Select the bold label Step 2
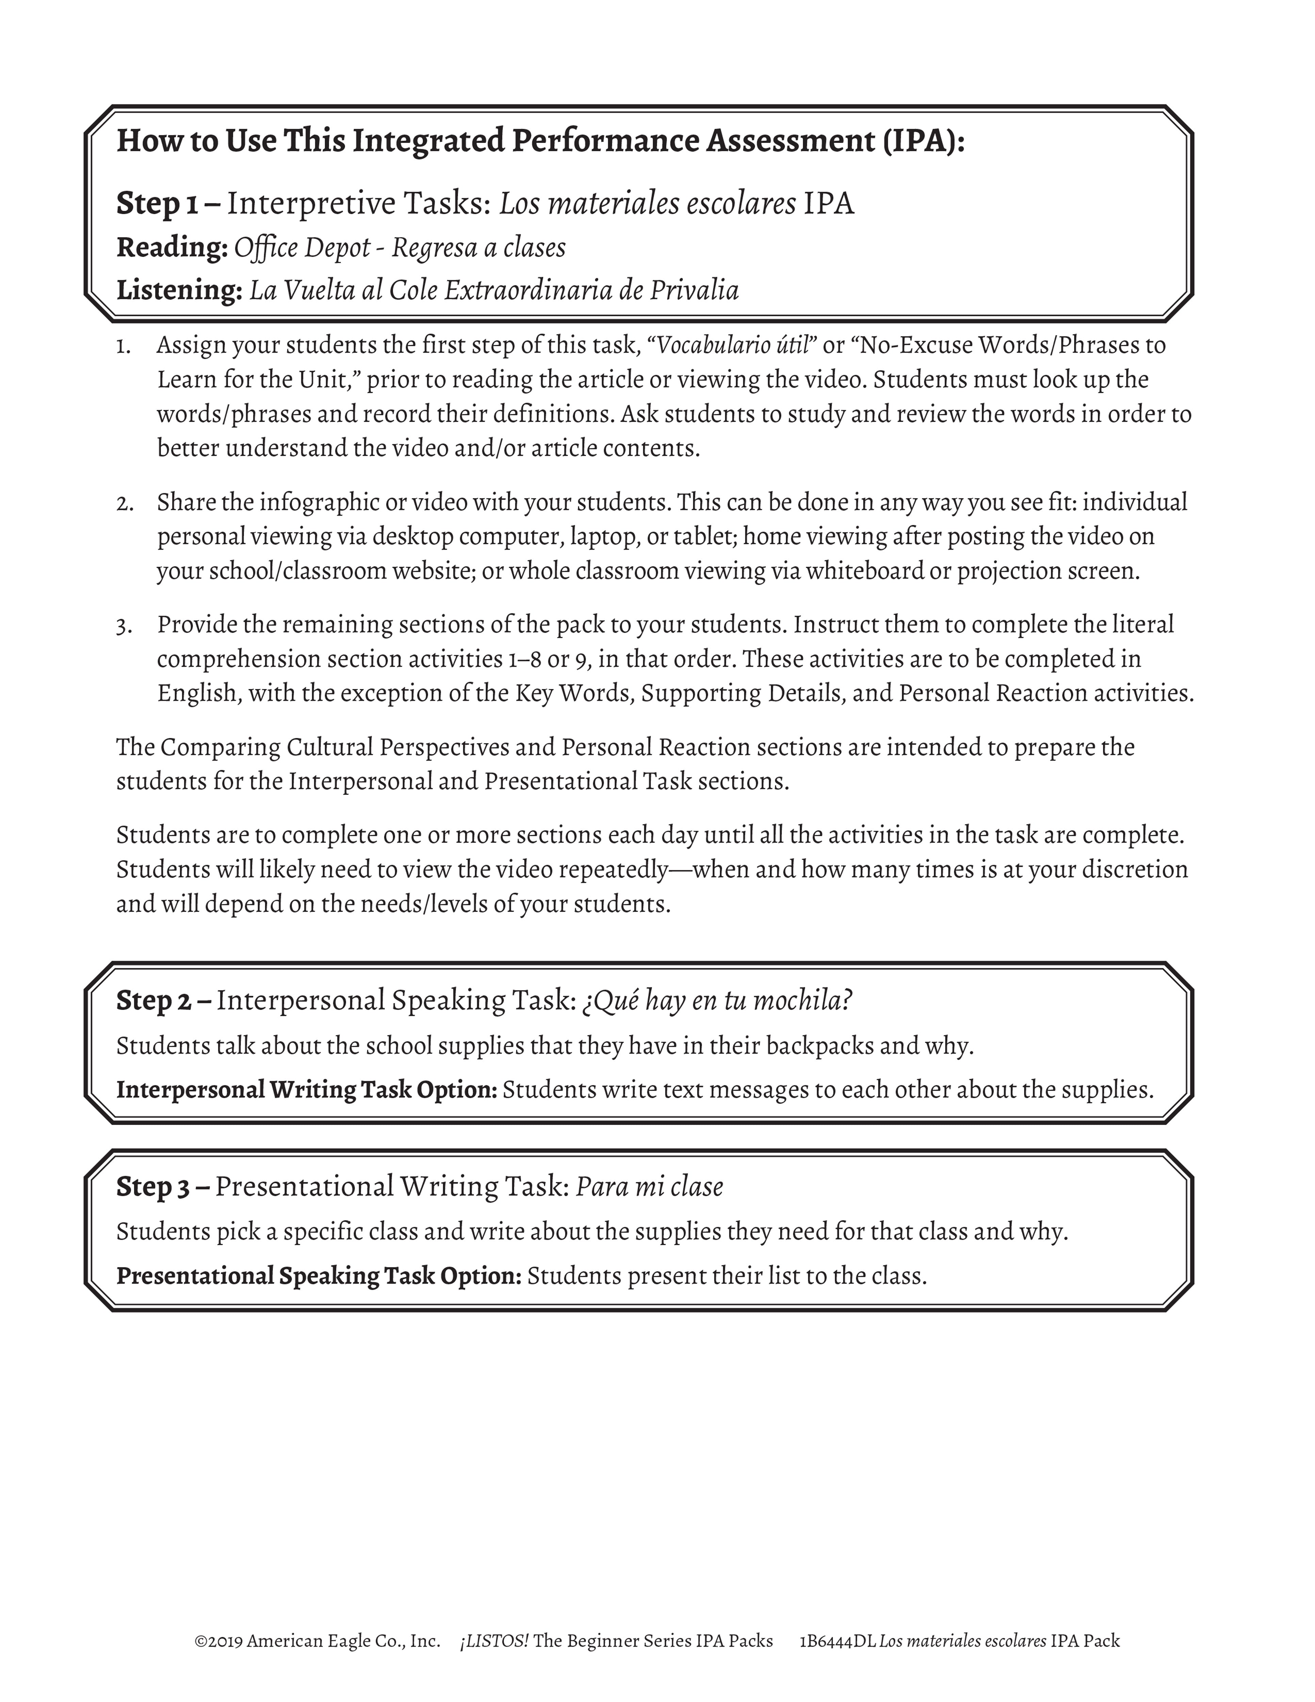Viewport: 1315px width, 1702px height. pos(154,1001)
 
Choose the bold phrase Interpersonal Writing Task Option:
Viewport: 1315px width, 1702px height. pos(306,1090)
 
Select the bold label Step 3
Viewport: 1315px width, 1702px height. pos(154,1187)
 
